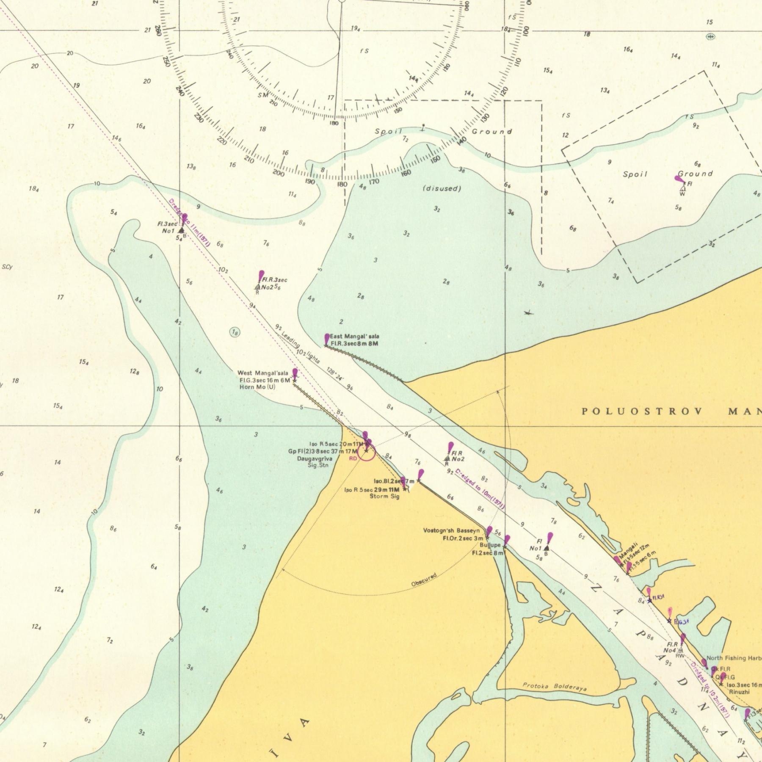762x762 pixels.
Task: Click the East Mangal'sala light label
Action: (354, 337)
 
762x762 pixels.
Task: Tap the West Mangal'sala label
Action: (262, 373)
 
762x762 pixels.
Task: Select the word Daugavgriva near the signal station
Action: (314, 458)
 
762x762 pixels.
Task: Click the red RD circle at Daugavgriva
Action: (367, 452)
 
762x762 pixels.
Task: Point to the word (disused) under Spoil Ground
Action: (442, 188)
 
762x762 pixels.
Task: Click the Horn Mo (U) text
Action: (257, 387)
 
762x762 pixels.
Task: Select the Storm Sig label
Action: (384, 496)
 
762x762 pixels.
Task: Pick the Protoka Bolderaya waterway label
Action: (554, 687)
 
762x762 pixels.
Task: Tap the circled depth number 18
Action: (235, 333)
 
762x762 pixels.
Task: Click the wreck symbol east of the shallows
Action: (528, 313)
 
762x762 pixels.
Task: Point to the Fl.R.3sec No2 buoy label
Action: (274, 284)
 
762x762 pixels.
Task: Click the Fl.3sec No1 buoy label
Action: (168, 227)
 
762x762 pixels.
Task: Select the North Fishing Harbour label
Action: (734, 658)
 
